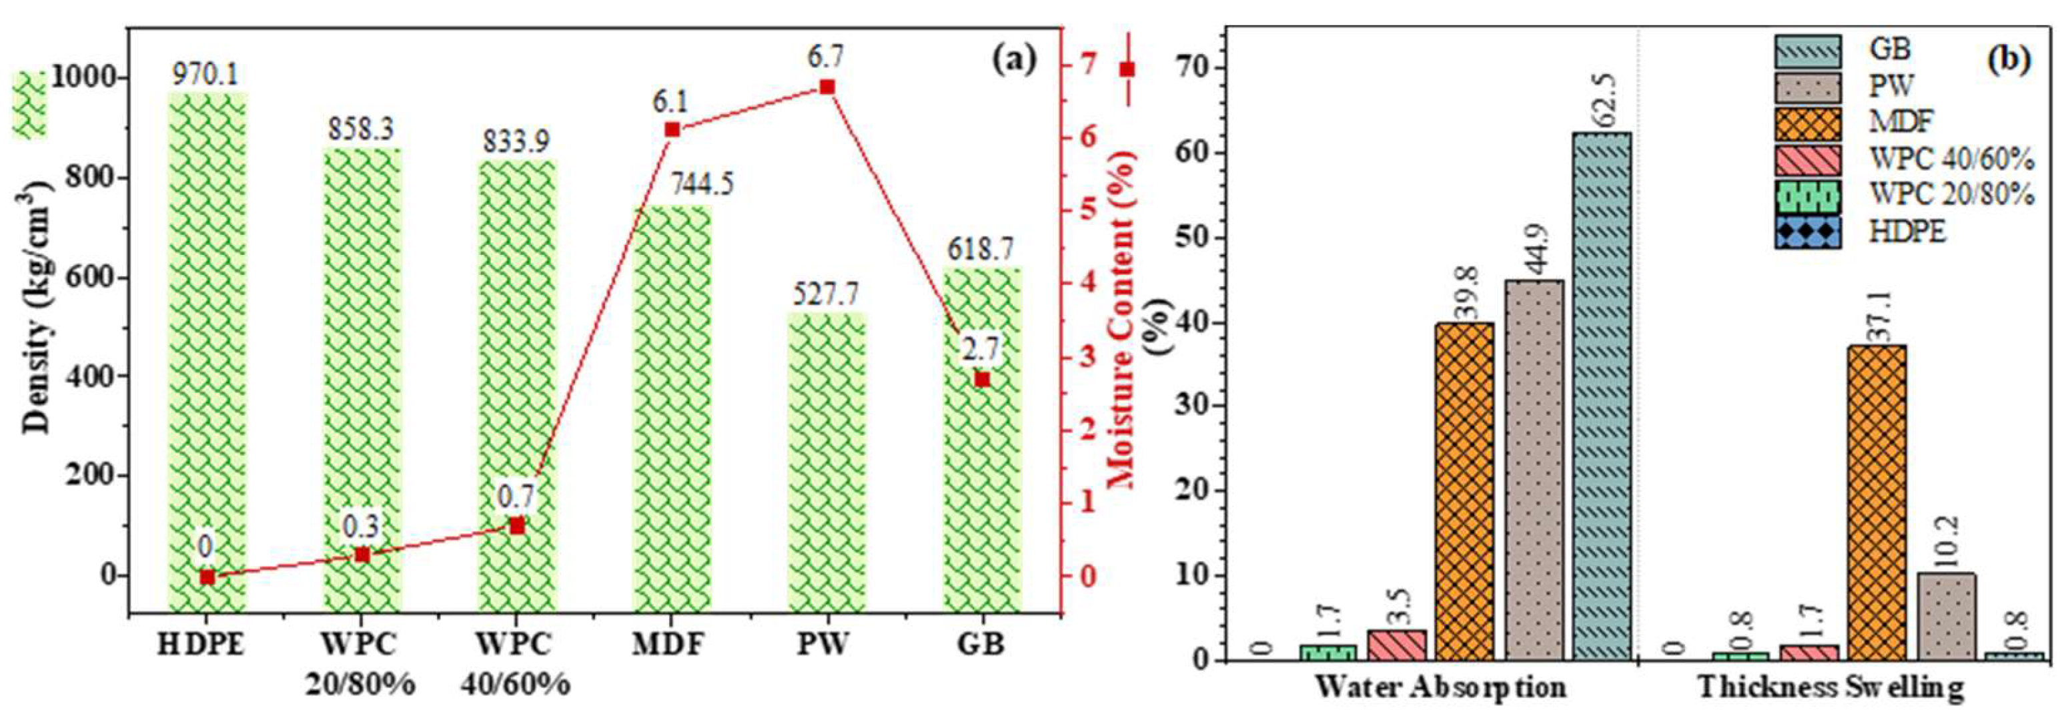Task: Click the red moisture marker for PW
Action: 827,87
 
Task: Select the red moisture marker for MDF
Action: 672,130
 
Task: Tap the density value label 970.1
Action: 206,75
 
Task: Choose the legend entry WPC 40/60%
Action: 1951,159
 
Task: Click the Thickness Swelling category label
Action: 1831,687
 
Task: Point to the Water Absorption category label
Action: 1441,687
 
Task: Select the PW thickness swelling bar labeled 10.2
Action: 1947,616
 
